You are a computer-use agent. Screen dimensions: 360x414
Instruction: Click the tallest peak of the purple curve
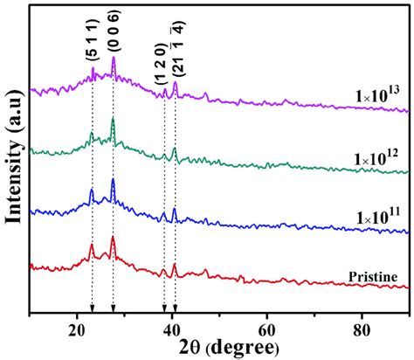pos(113,59)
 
